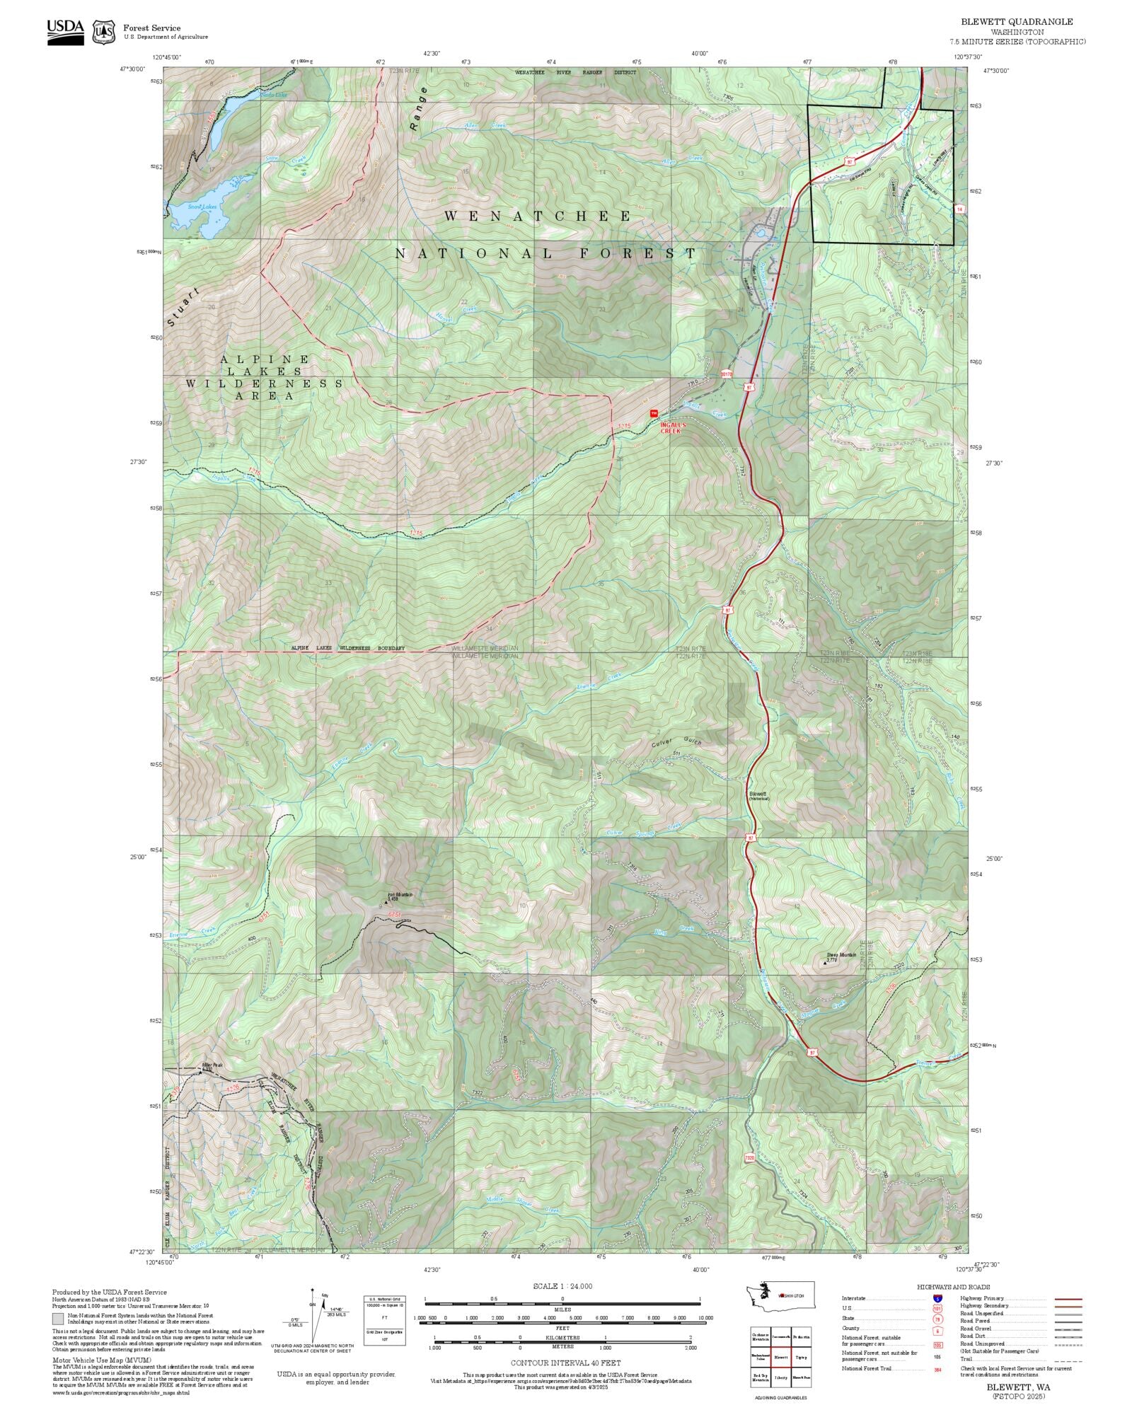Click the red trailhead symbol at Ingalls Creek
pyautogui.click(x=654, y=413)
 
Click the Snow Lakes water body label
pyautogui.click(x=202, y=207)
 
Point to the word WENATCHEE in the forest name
pyautogui.click(x=538, y=216)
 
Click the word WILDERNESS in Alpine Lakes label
pyautogui.click(x=264, y=383)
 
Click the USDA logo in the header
pyautogui.click(x=65, y=32)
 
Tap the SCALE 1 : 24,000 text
pyautogui.click(x=562, y=1286)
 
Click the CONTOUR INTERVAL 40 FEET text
pyautogui.click(x=565, y=1362)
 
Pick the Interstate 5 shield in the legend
pyautogui.click(x=937, y=1299)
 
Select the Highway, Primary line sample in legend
pyautogui.click(x=1068, y=1299)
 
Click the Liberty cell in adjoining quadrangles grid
pyautogui.click(x=781, y=1377)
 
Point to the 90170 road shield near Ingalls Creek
pyautogui.click(x=725, y=373)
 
